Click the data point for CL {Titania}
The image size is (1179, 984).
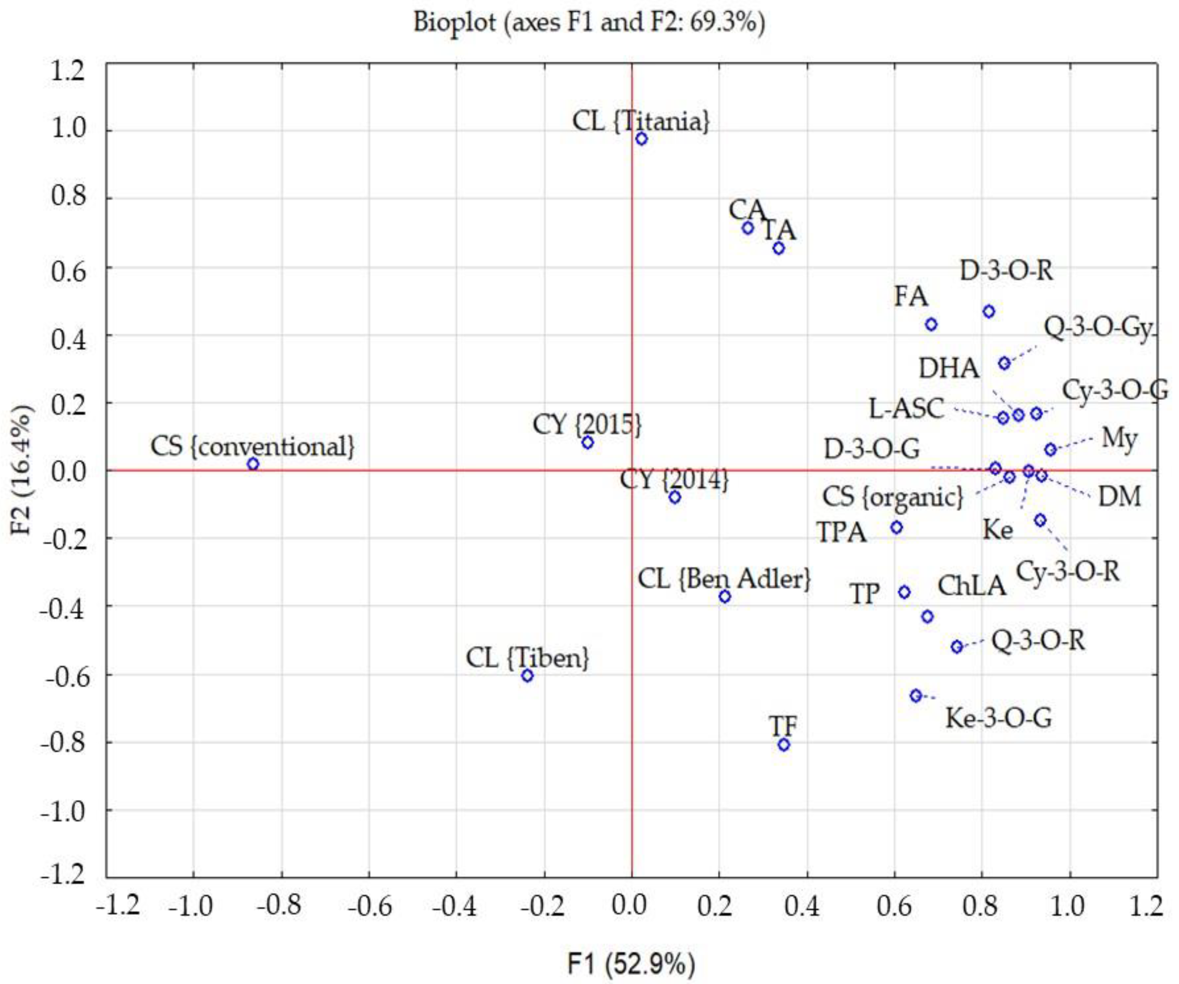click(x=642, y=139)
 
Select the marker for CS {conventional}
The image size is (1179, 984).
click(x=253, y=464)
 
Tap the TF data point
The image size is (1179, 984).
click(x=784, y=745)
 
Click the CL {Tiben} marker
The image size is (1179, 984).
click(x=527, y=676)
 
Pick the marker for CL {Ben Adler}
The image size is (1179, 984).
click(x=725, y=596)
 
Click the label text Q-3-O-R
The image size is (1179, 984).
click(x=1038, y=640)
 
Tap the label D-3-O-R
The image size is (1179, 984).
click(x=1006, y=271)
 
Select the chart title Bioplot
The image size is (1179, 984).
click(x=589, y=22)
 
